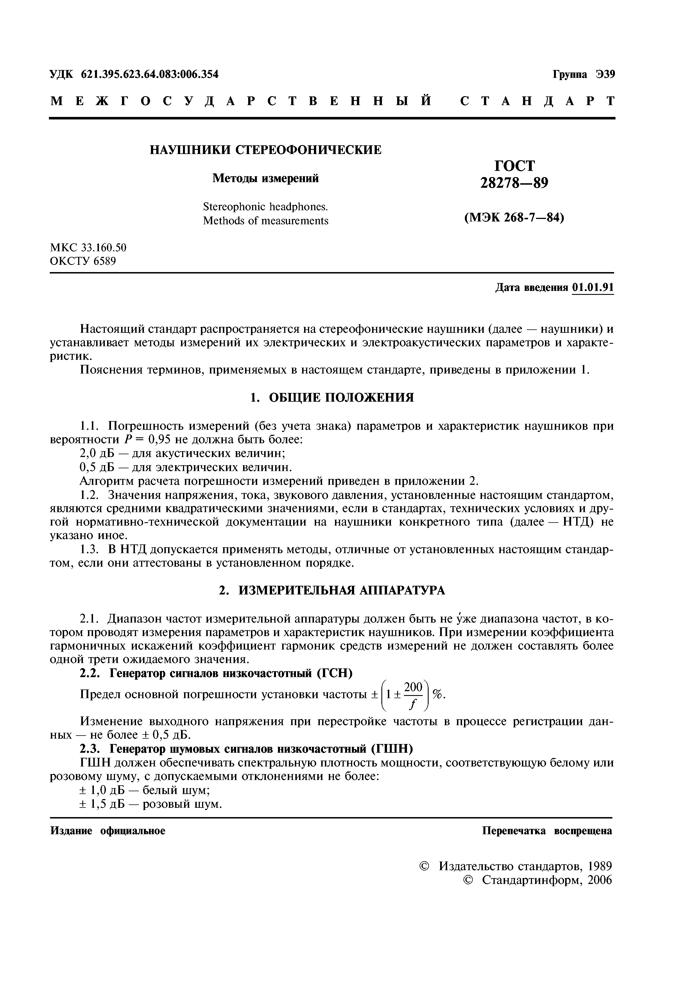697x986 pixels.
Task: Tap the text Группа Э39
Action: (x=584, y=74)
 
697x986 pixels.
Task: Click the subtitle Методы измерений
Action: (x=265, y=178)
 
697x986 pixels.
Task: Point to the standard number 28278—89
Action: (x=514, y=183)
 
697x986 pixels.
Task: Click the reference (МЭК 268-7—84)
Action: (x=514, y=218)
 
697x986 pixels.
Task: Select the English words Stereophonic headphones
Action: (x=265, y=207)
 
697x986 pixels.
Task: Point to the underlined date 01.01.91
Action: (x=593, y=287)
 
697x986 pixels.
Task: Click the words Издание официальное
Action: (x=108, y=831)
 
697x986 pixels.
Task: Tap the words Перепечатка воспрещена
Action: (x=547, y=831)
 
